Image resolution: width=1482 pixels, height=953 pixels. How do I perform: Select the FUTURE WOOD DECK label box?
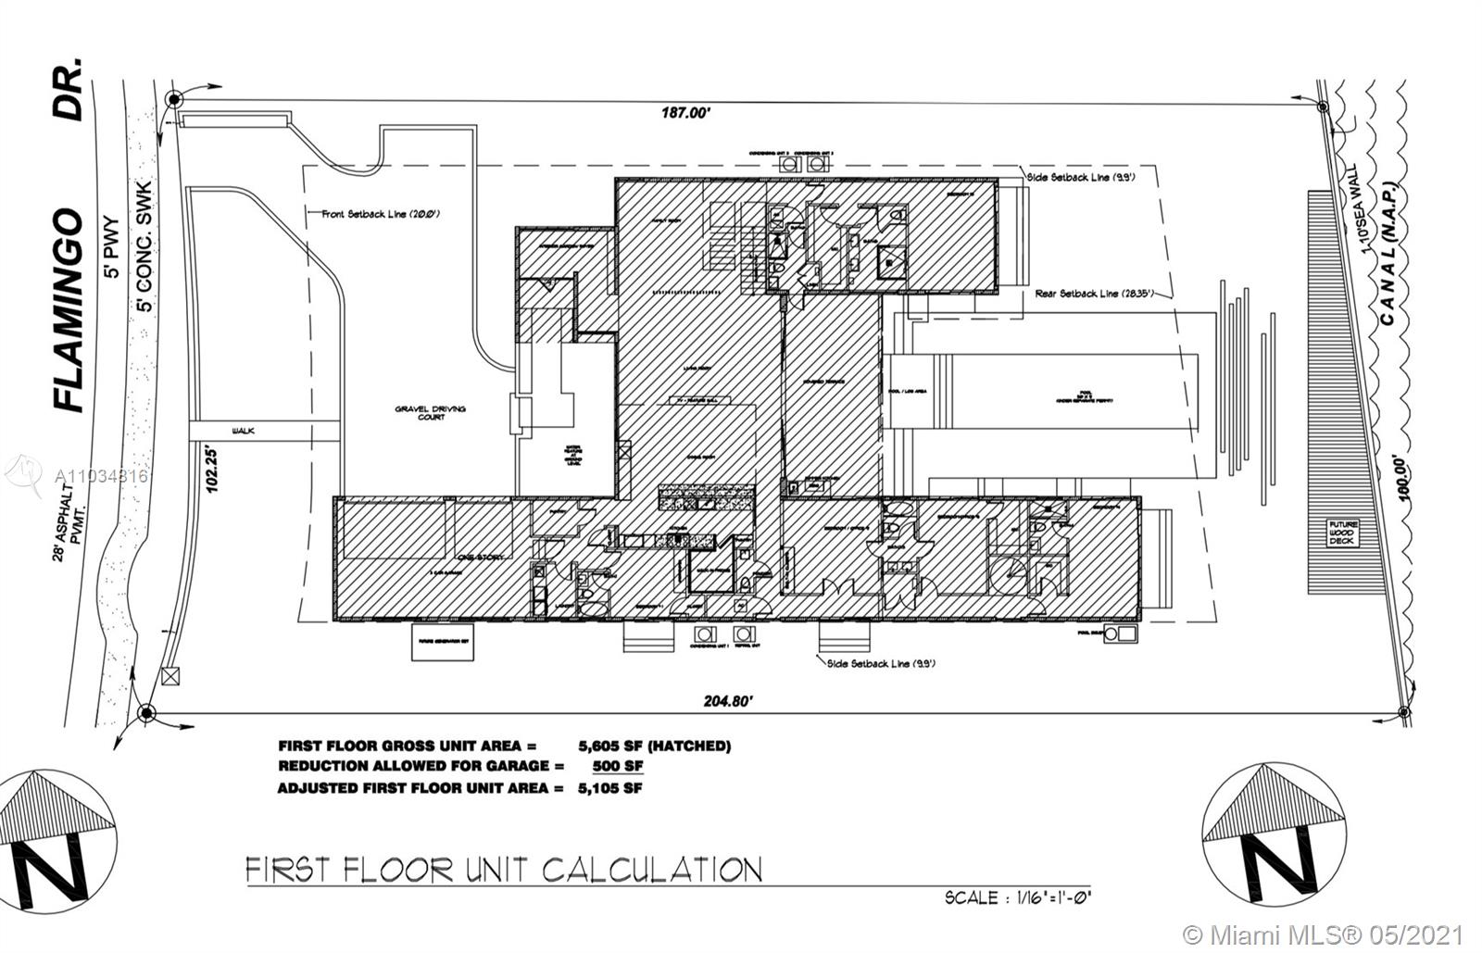tap(1343, 533)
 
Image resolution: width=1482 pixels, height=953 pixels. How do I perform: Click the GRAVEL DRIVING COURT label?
tap(431, 412)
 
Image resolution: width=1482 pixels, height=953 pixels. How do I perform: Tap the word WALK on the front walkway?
tap(245, 431)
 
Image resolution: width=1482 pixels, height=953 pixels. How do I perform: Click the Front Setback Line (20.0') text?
tap(381, 214)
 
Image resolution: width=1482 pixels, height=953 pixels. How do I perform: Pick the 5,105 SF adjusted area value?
tap(609, 788)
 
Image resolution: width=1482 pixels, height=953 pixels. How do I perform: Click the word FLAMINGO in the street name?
tap(69, 310)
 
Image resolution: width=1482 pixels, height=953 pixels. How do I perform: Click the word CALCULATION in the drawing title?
tap(651, 871)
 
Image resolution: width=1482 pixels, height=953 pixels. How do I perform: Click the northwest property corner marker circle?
tap(173, 99)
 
